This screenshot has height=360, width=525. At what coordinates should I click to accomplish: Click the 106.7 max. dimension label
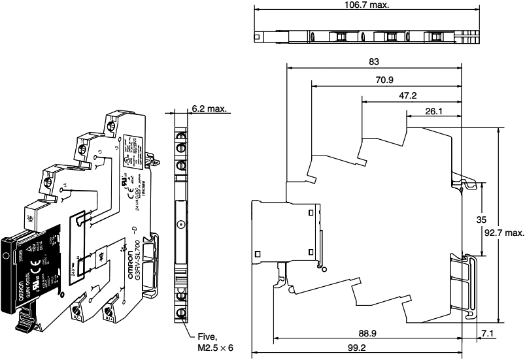[x=365, y=5]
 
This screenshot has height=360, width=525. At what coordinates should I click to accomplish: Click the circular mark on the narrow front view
[x=181, y=225]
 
